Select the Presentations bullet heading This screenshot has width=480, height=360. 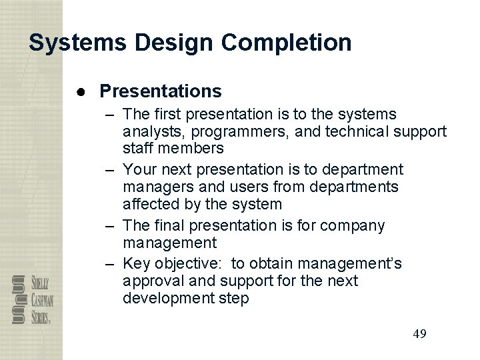[160, 89]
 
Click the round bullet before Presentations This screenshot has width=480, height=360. [79, 90]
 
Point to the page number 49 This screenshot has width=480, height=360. [419, 333]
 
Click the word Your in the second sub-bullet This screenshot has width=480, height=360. [138, 169]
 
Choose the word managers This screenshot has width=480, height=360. [155, 187]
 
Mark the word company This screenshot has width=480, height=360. [353, 225]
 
